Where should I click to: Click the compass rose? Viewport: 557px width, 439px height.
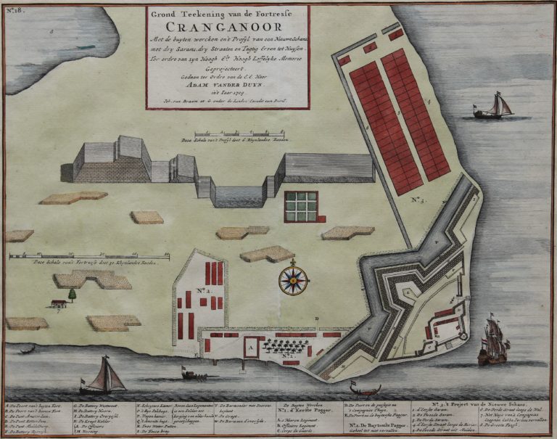[x=293, y=279]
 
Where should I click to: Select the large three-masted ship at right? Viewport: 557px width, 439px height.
[x=492, y=340]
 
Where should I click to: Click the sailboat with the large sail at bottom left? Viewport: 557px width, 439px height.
[x=105, y=377]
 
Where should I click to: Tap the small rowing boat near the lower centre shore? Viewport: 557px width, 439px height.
[x=193, y=375]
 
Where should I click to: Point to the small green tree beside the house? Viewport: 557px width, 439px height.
[x=72, y=295]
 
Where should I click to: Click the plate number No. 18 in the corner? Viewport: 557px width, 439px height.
[x=15, y=10]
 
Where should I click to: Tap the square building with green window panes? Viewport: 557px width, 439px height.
[x=301, y=206]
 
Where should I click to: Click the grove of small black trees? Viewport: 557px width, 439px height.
[x=286, y=346]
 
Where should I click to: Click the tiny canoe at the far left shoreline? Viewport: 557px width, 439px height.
[x=28, y=350]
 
